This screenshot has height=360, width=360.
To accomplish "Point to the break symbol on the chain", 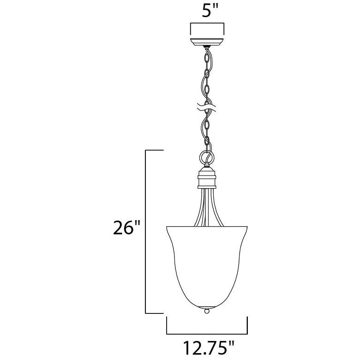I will tap(207, 108).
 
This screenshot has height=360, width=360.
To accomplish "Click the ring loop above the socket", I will tap(207, 158).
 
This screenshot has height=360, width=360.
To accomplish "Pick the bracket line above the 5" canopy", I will tap(207, 24).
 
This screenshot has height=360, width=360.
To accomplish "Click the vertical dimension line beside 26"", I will tap(146, 231).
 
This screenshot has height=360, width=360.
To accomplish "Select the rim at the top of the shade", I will tap(207, 227).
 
